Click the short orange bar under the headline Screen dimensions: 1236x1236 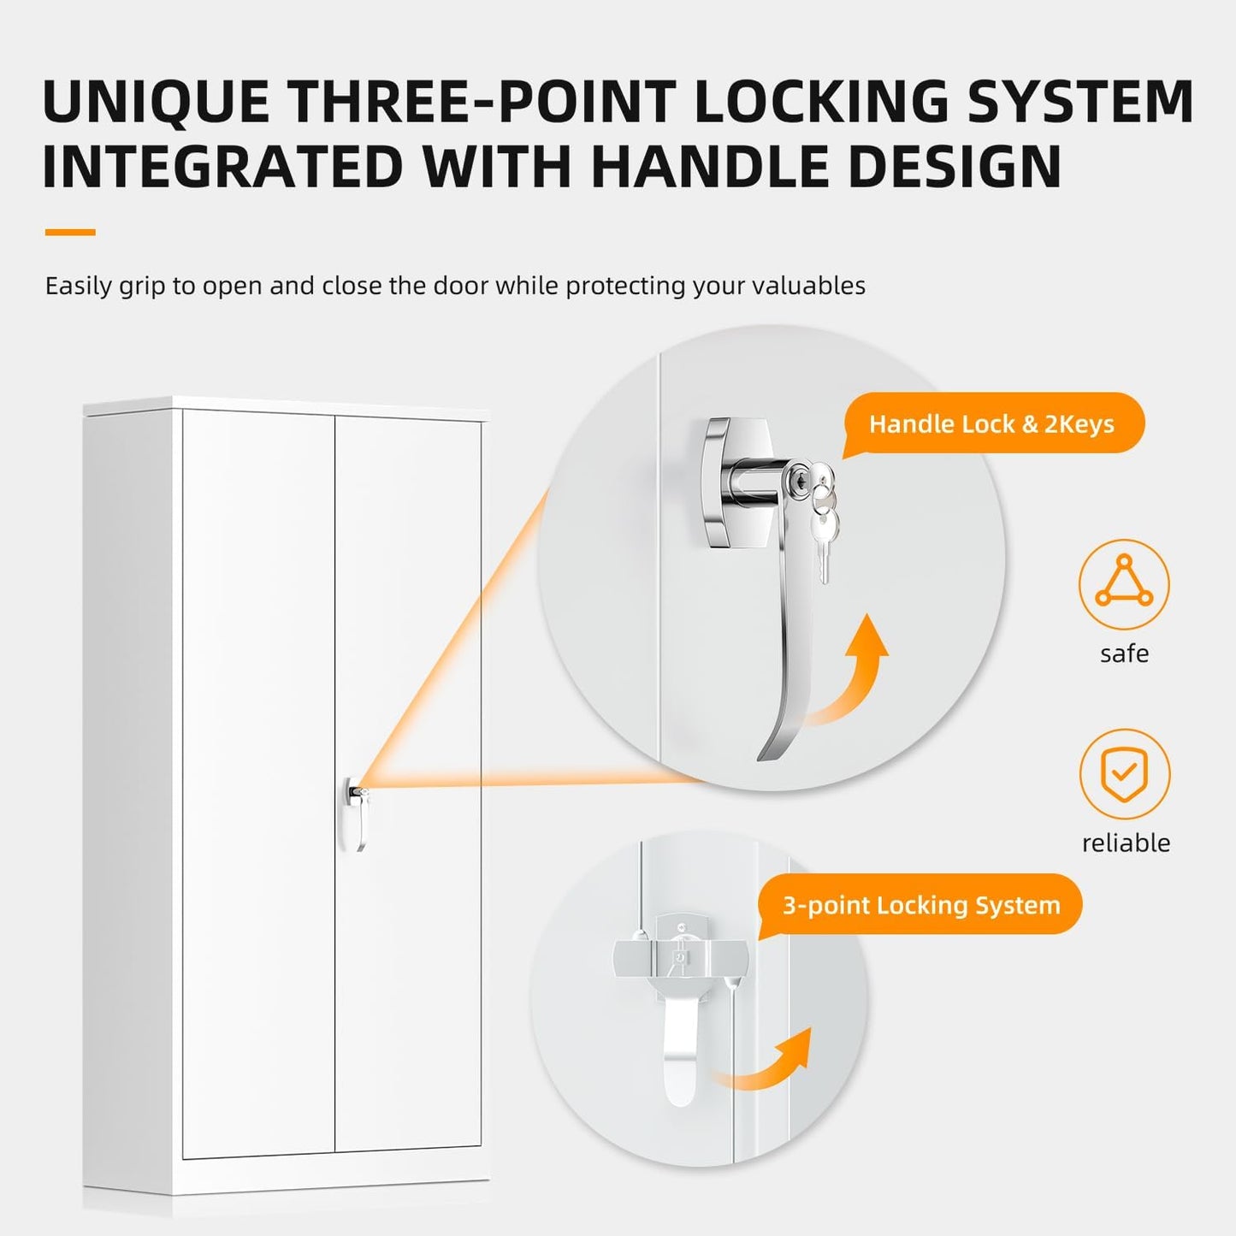(70, 232)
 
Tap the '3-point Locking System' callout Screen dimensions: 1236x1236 (920, 905)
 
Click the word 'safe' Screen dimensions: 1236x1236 (1125, 653)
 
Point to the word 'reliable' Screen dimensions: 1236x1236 (1126, 843)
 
